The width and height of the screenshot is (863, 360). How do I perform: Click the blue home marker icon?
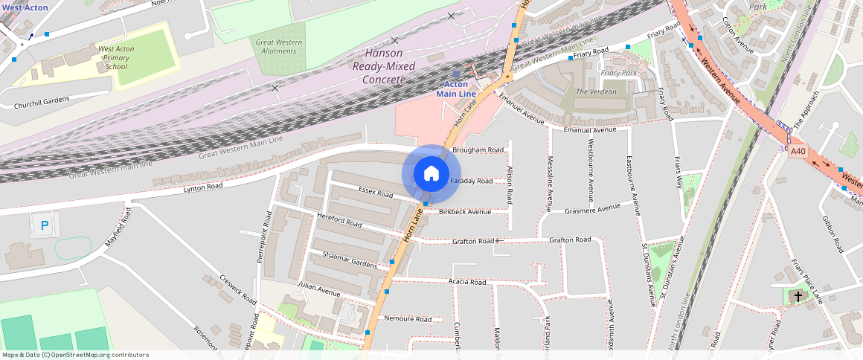431,174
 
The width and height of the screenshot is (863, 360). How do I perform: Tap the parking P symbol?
45,225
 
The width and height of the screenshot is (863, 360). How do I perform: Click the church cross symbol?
798,297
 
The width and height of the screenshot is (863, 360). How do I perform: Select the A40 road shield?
798,151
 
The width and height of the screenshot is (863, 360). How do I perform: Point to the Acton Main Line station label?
456,89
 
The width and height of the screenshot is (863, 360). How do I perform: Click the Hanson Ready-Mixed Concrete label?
384,66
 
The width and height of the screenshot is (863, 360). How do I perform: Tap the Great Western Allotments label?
279,47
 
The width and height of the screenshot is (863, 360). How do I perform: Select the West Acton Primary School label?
116,58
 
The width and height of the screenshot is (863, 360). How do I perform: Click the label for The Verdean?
597,91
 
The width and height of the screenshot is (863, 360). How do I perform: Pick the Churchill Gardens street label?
42,102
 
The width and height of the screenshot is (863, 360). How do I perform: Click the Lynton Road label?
204,187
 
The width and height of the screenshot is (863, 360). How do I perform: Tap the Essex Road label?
375,193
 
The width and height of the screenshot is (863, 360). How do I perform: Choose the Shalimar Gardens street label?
350,260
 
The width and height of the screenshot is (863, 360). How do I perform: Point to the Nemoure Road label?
408,319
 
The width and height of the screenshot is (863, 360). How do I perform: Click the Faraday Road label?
471,181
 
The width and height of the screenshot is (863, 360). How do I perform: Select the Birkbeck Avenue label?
465,212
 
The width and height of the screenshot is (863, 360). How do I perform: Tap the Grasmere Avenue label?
592,208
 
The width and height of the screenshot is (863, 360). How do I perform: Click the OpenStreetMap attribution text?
75,355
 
